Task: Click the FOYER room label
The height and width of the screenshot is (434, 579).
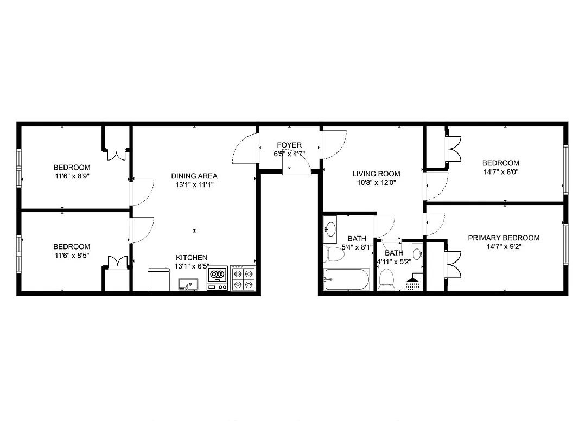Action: point(289,145)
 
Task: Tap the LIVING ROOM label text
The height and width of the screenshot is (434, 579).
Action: point(376,174)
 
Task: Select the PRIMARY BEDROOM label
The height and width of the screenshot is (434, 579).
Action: point(504,238)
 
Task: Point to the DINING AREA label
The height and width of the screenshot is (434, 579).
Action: point(194,176)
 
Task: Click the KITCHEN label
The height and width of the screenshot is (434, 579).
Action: point(191,258)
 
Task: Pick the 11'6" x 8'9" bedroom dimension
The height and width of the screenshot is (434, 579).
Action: point(72,176)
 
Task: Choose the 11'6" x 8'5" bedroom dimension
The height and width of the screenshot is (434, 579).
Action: point(72,256)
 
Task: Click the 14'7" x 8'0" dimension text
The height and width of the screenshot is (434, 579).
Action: point(501,172)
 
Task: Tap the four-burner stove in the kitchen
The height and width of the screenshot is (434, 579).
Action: point(243,278)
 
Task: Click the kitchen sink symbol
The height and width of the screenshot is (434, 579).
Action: point(188,284)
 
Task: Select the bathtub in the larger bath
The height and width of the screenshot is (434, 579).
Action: point(346,279)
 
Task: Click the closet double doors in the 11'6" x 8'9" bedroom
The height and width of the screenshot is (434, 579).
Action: point(116,154)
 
